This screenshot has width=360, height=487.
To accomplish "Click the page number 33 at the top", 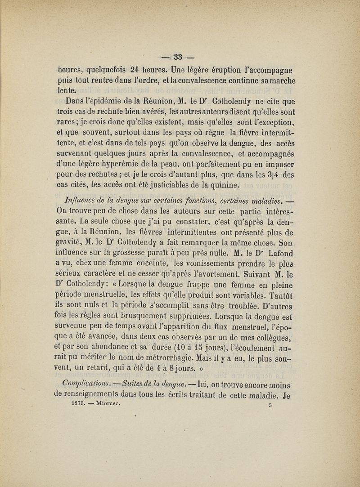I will pos(178,57).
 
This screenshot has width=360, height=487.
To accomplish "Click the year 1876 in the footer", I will pos(79,403).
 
